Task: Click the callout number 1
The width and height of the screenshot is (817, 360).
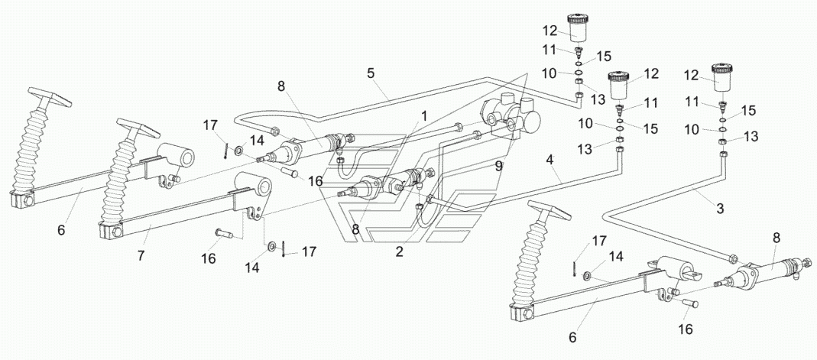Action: pos(425,116)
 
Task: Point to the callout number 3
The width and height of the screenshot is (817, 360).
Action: pos(720,209)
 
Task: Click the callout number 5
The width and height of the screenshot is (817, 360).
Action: pos(371,73)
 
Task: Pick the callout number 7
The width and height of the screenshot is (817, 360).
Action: pos(141,256)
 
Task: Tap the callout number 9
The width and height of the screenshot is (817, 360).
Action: pos(498,167)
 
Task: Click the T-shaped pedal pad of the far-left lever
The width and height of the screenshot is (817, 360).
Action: pos(50,96)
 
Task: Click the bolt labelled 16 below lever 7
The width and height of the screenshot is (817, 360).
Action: pos(225,235)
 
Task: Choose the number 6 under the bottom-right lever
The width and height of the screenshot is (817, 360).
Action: pos(572,338)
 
